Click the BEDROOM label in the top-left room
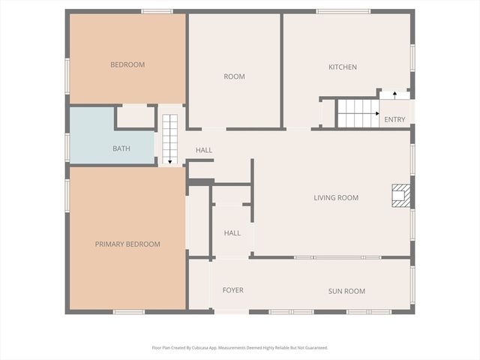click(x=127, y=64)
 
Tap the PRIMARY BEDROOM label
click(x=127, y=244)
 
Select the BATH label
click(x=121, y=148)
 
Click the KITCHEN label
click(x=343, y=67)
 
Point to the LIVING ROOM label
click(x=336, y=198)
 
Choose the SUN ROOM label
click(x=346, y=291)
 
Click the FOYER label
click(x=232, y=290)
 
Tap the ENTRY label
click(x=394, y=120)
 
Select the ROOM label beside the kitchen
click(x=234, y=76)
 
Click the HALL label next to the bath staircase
click(x=204, y=150)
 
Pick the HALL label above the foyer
click(x=232, y=233)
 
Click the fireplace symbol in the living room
click(x=402, y=195)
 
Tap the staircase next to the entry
click(x=357, y=113)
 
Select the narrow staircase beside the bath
click(x=169, y=139)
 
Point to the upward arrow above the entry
click(x=394, y=94)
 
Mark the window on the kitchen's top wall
click(x=343, y=11)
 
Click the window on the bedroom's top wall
click(x=157, y=11)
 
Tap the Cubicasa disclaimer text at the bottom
click(x=240, y=347)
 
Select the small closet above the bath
click(x=136, y=117)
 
